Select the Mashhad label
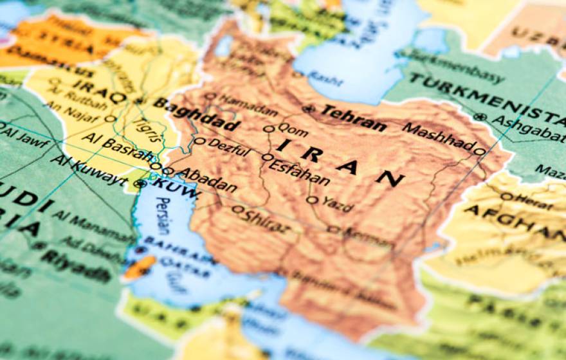439,136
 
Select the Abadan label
207,179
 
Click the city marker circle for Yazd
312,200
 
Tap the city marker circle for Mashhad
479,152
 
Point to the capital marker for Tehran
309,109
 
